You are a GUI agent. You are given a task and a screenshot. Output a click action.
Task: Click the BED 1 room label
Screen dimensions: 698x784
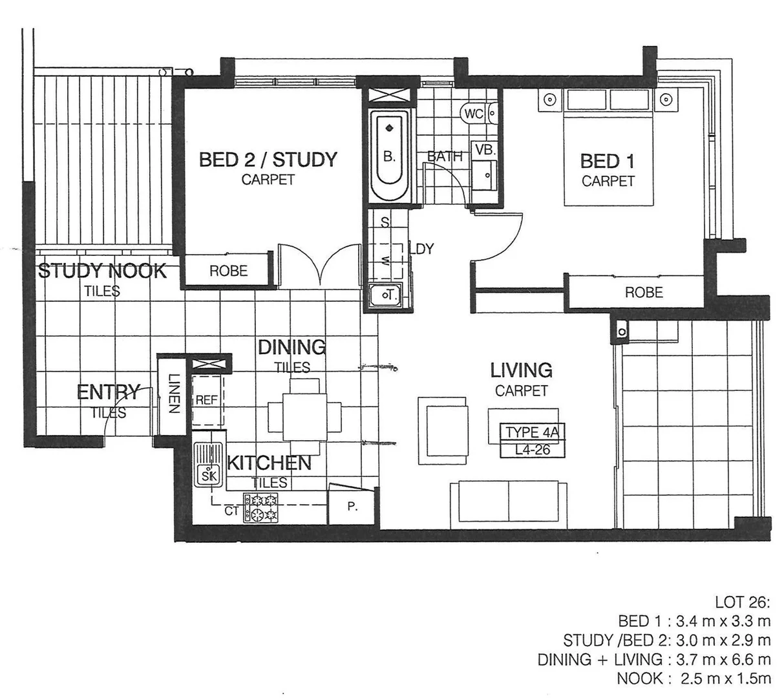click(607, 161)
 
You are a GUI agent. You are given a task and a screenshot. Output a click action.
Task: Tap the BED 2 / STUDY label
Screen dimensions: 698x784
click(268, 160)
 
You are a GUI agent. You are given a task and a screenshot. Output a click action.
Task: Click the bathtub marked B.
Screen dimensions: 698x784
click(389, 156)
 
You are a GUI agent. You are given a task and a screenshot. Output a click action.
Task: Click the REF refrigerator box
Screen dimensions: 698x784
click(207, 400)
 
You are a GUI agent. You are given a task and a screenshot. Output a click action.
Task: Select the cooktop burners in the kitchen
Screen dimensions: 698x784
click(260, 507)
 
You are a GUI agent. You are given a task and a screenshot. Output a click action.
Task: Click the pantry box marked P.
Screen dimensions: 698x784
click(352, 507)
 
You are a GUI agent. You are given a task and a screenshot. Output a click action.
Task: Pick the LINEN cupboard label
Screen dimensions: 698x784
click(173, 394)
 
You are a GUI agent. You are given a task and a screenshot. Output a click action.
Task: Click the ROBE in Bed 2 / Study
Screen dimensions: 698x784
click(228, 271)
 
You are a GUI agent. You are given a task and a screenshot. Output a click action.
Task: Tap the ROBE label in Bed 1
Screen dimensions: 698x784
click(643, 293)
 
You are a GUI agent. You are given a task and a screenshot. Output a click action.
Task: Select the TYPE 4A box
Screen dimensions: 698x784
click(531, 432)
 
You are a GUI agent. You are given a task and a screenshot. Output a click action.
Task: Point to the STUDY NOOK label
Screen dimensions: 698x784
click(102, 271)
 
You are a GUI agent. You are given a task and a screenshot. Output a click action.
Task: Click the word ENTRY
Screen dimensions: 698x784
click(108, 392)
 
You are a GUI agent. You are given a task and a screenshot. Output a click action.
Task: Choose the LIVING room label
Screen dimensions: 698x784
click(521, 370)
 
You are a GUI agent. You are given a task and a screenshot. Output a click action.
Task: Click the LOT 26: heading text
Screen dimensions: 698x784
click(743, 602)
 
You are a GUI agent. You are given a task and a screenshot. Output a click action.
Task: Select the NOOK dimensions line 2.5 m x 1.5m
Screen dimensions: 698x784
click(694, 678)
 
